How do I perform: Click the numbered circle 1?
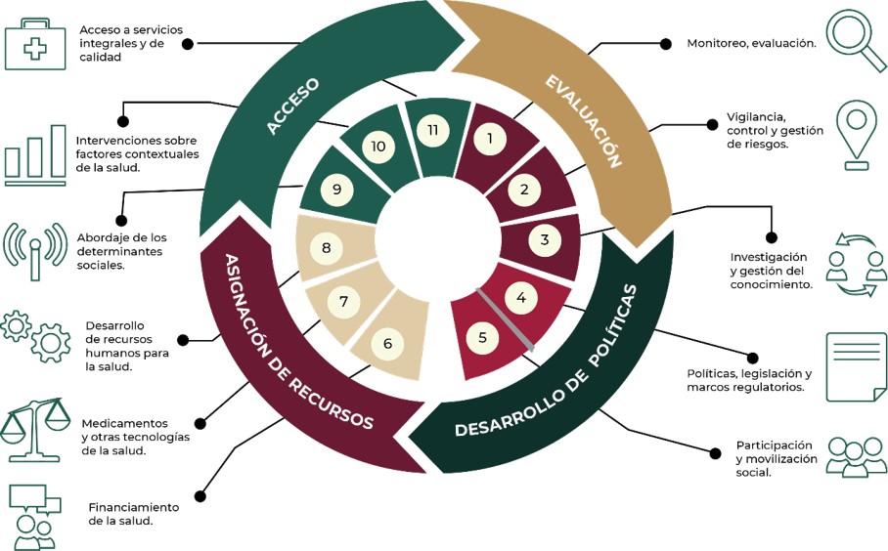pyautogui.click(x=490, y=139)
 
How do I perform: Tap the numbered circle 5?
pyautogui.click(x=482, y=338)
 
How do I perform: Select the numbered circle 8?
pyautogui.click(x=326, y=248)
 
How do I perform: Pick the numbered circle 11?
pyautogui.click(x=431, y=131)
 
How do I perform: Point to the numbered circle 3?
pyautogui.click(x=545, y=238)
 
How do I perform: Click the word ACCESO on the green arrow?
pyautogui.click(x=292, y=106)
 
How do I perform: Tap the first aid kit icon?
pyautogui.click(x=35, y=45)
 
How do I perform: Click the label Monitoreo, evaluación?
pyautogui.click(x=751, y=44)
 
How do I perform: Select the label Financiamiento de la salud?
pyautogui.click(x=133, y=514)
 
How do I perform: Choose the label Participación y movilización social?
pyautogui.click(x=777, y=458)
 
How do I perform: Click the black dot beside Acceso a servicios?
pyautogui.click(x=188, y=43)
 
